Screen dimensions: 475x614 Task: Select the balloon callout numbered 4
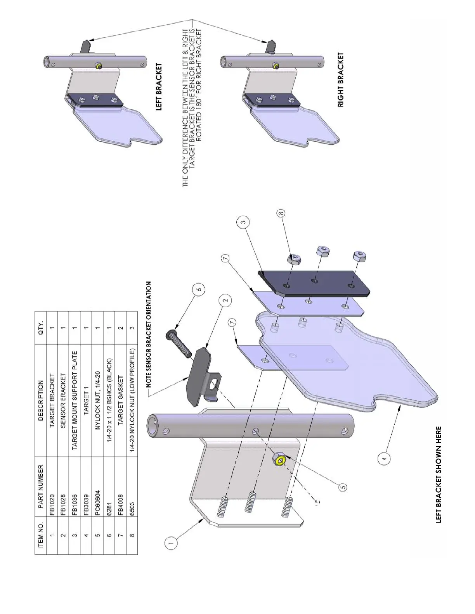tap(383, 459)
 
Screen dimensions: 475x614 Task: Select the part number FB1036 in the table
tap(75, 501)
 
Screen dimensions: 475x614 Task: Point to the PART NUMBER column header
tap(41, 486)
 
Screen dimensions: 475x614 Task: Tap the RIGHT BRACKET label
tap(341, 80)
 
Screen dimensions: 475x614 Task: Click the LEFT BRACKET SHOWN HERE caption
tap(439, 474)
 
